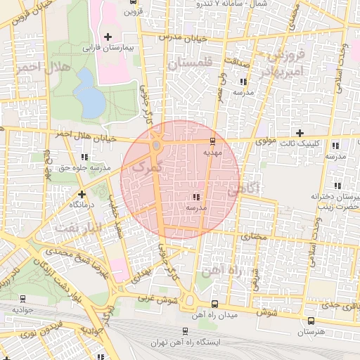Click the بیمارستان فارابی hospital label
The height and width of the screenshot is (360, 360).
[x=108, y=49]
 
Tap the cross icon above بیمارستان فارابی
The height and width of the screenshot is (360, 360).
[x=108, y=37]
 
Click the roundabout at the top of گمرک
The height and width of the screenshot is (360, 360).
[x=155, y=146]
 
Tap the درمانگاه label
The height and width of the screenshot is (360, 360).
[x=83, y=204]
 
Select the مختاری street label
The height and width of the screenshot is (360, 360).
[x=254, y=237]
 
